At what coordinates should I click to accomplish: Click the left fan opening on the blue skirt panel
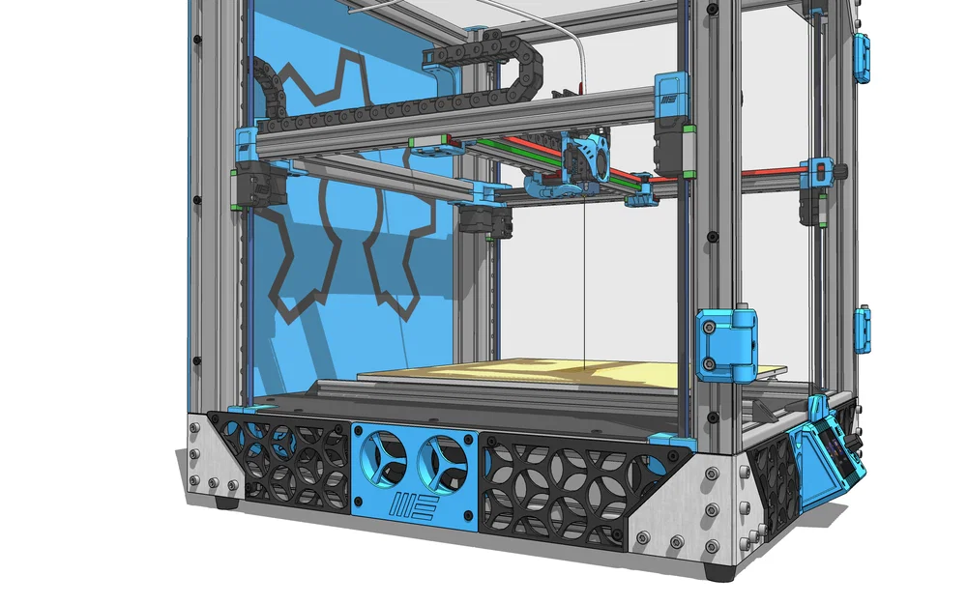pyautogui.click(x=385, y=459)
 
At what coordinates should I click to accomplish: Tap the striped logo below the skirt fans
pyautogui.click(x=414, y=505)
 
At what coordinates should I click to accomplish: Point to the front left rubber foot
pyautogui.click(x=228, y=502)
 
